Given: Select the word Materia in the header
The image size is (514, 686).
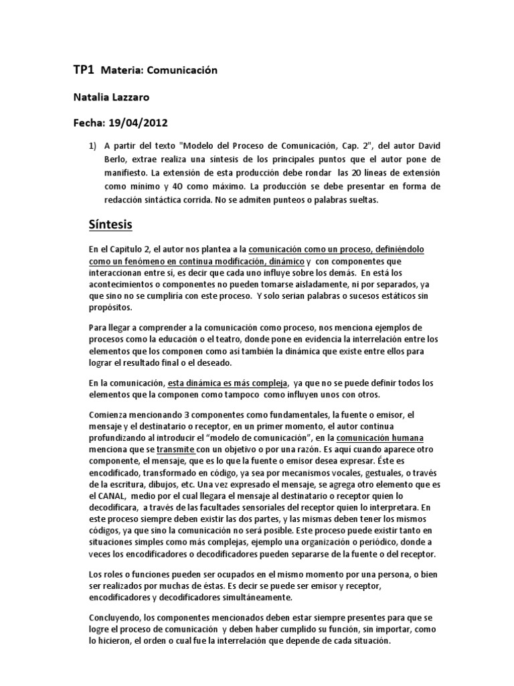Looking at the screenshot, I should click(x=122, y=70).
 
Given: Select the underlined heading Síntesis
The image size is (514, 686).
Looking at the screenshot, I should click(x=113, y=222).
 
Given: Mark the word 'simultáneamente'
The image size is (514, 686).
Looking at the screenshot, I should click(x=258, y=598).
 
